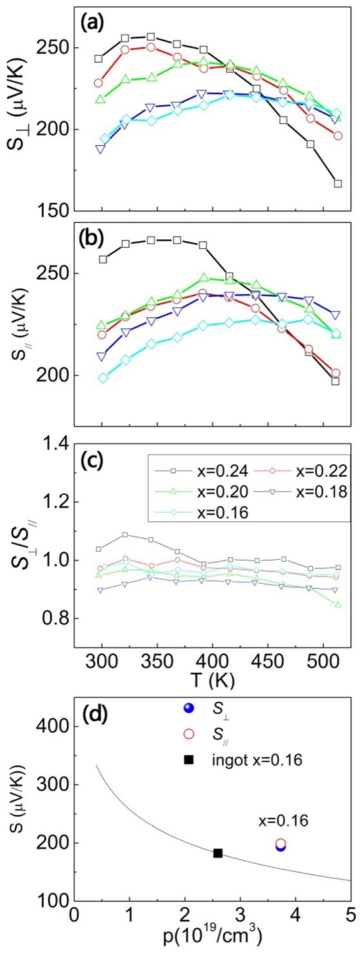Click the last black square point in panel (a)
[x=337, y=184]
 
